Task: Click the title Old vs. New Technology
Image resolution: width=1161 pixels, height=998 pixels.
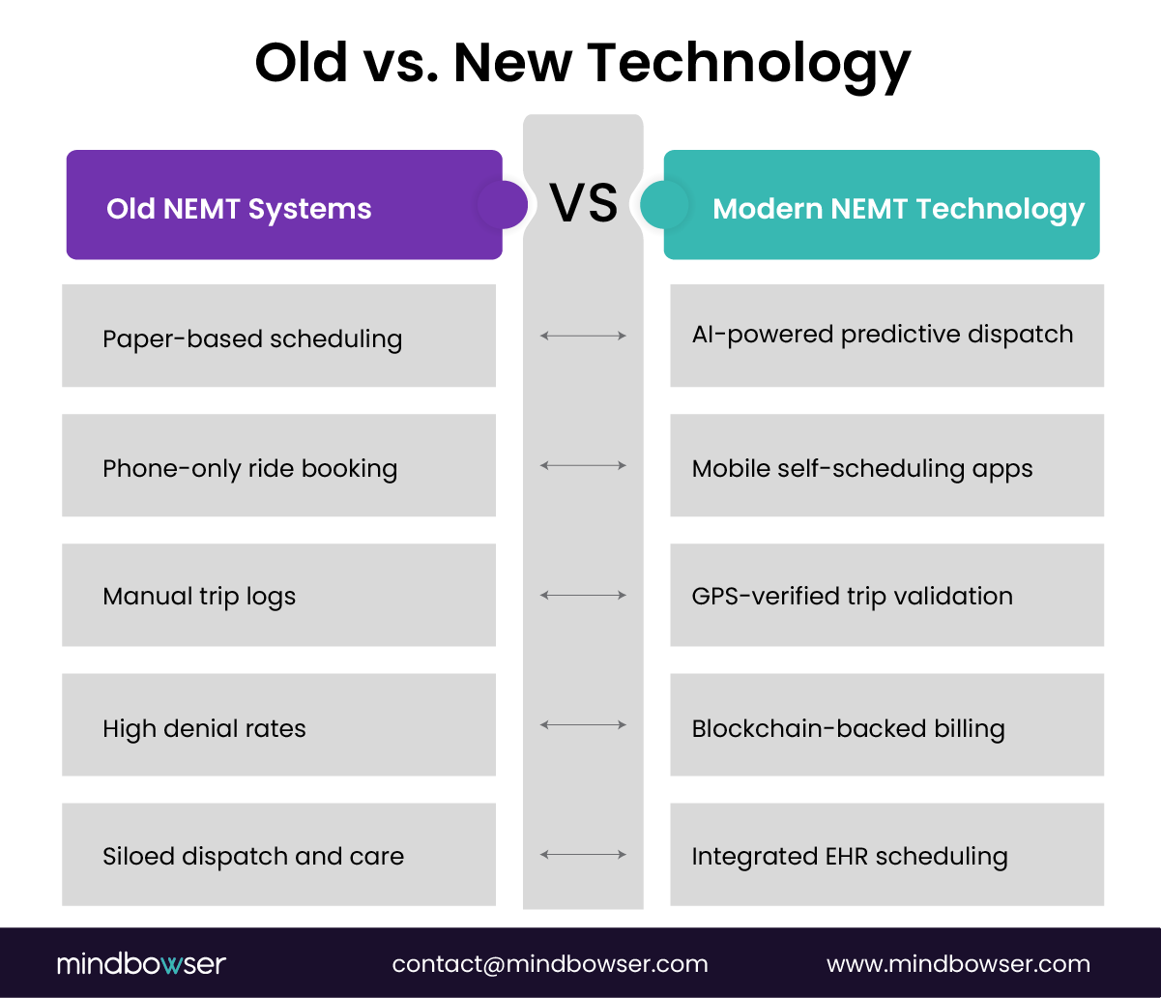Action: (582, 63)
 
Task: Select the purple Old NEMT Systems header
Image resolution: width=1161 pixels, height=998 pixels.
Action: (283, 205)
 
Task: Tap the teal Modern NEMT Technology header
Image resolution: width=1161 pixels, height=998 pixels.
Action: (882, 205)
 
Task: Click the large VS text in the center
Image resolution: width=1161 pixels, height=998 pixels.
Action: (583, 204)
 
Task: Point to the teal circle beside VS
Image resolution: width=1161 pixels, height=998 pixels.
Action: (663, 205)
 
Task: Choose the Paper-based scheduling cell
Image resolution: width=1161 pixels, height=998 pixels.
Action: (278, 336)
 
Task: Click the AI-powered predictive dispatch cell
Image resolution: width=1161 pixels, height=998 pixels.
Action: (886, 336)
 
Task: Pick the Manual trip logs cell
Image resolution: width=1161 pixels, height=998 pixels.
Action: (278, 595)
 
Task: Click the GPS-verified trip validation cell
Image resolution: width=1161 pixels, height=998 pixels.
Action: (886, 595)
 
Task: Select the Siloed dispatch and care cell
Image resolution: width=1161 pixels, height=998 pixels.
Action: (278, 854)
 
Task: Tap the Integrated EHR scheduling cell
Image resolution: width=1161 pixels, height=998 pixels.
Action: (886, 854)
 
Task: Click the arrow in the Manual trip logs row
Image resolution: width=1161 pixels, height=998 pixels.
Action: (583, 596)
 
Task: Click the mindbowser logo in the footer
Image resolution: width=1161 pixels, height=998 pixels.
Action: (141, 963)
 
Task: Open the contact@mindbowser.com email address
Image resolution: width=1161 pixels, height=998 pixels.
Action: (550, 963)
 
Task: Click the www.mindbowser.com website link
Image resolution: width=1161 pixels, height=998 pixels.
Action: (958, 963)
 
